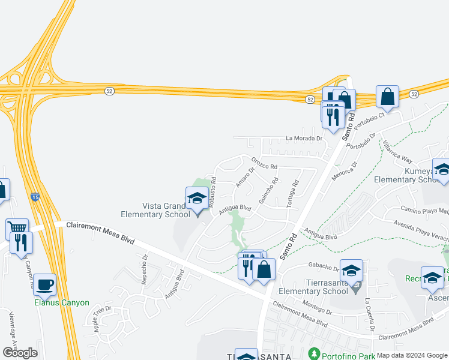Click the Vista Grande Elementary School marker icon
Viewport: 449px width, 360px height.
coord(197,197)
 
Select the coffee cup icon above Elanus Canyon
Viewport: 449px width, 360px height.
coord(44,284)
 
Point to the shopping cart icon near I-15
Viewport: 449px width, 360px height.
coord(17,229)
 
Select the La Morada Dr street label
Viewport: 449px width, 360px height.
coord(304,137)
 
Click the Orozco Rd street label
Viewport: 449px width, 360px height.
coord(264,164)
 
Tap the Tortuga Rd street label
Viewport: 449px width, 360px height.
coord(292,194)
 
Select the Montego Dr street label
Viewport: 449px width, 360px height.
coord(318,307)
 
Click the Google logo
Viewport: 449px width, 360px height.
coord(20,353)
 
